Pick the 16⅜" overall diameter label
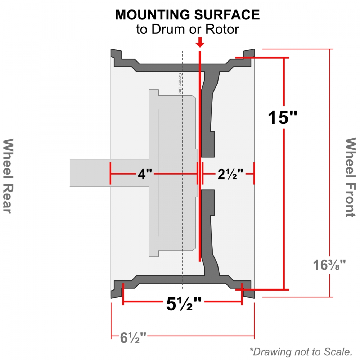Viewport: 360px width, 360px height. click(x=329, y=265)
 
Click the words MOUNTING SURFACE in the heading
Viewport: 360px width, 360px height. click(x=187, y=15)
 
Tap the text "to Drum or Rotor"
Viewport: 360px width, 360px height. click(x=187, y=30)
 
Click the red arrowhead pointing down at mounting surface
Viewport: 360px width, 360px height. click(x=201, y=44)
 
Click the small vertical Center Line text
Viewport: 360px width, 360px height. click(x=180, y=84)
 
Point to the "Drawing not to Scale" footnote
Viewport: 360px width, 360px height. click(x=301, y=351)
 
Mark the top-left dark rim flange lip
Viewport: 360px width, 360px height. click(x=115, y=56)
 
